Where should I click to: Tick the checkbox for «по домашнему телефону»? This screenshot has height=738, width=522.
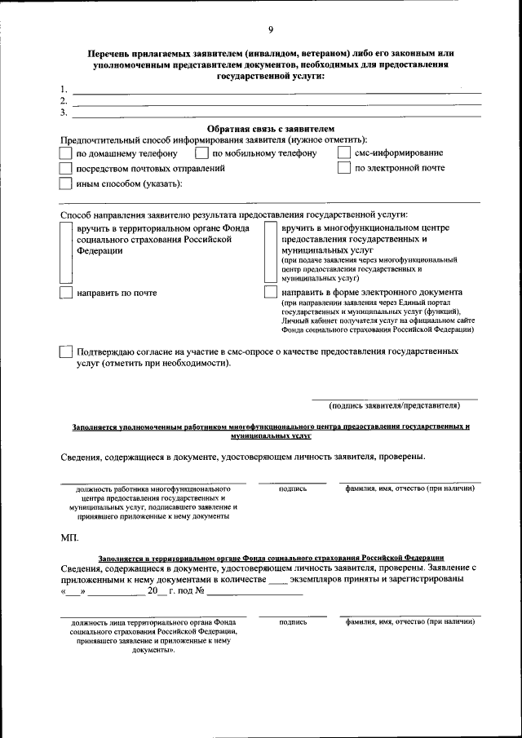[66, 152]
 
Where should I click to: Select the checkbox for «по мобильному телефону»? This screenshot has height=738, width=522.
[201, 152]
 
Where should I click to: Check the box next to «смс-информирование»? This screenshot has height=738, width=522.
[344, 152]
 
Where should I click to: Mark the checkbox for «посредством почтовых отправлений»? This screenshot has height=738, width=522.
[66, 168]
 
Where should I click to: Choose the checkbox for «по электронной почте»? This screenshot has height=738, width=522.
[344, 168]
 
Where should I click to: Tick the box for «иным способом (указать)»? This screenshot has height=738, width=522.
[66, 183]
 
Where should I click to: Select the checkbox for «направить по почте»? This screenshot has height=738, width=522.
[66, 294]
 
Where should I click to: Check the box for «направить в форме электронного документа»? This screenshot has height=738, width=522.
[271, 293]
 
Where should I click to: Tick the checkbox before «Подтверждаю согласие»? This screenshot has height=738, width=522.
[66, 352]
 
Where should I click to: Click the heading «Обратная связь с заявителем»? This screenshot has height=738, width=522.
[270, 129]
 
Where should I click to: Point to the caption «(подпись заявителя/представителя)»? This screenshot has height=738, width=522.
[395, 405]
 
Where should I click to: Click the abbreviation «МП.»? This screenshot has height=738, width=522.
[70, 537]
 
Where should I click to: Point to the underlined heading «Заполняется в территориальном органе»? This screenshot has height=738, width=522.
[270, 558]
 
